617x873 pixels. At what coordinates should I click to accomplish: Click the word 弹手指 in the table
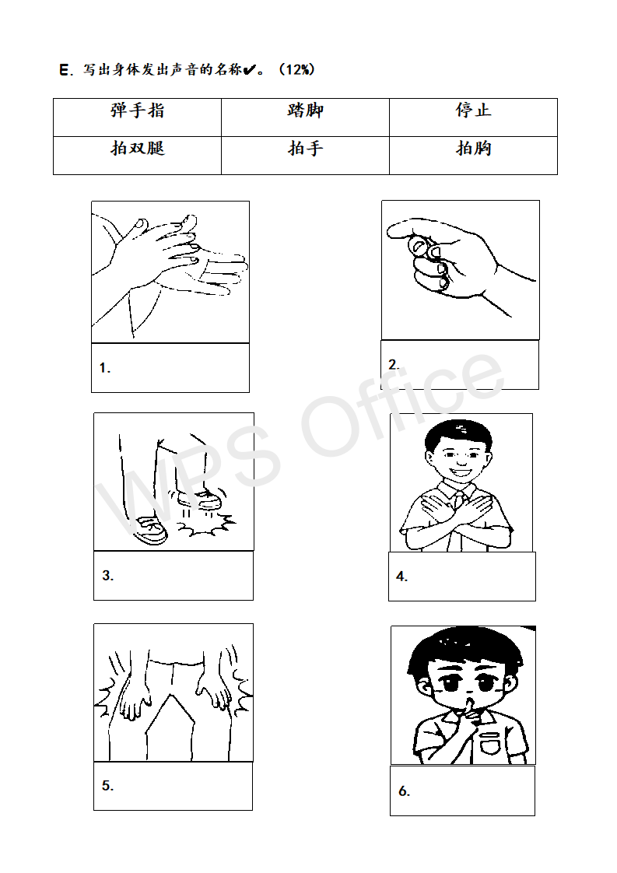[137, 110]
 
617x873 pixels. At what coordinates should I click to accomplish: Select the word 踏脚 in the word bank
[305, 110]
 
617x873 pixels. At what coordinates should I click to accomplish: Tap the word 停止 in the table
[473, 110]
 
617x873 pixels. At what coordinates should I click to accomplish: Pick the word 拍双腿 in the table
[138, 148]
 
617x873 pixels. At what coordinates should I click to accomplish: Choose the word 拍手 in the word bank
[305, 148]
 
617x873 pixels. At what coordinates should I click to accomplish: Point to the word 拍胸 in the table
[473, 148]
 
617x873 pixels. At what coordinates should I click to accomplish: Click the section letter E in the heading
[64, 70]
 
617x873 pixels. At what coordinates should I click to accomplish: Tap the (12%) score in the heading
[296, 69]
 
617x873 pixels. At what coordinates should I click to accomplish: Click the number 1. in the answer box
[105, 368]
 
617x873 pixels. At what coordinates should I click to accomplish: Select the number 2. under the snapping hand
[394, 365]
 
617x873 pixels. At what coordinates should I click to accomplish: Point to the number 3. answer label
[108, 575]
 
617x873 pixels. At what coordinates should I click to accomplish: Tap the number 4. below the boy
[402, 577]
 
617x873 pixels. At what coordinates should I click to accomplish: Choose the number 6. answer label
[405, 791]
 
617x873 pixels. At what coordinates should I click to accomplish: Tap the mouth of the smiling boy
[461, 473]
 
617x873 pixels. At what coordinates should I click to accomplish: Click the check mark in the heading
[250, 69]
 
